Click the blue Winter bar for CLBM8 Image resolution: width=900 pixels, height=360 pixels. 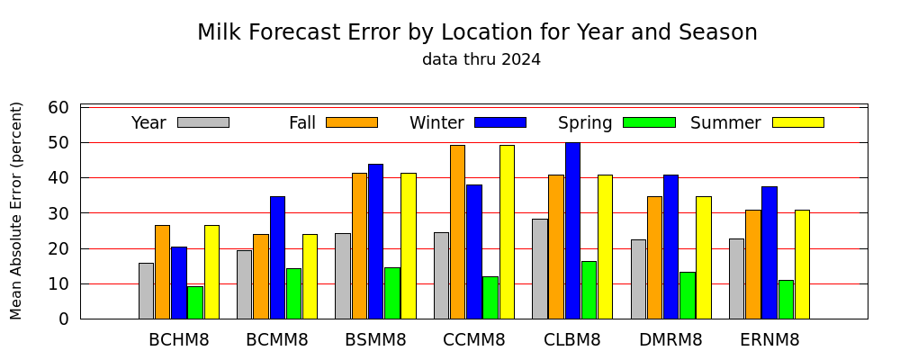[x=572, y=230]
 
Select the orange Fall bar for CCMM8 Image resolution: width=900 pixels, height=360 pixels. [x=457, y=232]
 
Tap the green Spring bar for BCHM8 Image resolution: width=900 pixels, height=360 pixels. [x=195, y=302]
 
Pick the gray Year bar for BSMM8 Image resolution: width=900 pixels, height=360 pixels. [x=343, y=276]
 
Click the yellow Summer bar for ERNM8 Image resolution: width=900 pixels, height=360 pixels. [x=802, y=265]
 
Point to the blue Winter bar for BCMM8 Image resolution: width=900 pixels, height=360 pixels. [x=277, y=257]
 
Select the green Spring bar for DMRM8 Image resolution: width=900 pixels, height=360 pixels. [x=687, y=296]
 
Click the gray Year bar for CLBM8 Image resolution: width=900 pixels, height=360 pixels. [x=539, y=269]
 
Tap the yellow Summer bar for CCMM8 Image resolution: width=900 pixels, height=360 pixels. [x=507, y=232]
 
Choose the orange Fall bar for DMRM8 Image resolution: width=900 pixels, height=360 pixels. [x=654, y=257]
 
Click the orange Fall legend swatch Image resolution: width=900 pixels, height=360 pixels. [x=352, y=122]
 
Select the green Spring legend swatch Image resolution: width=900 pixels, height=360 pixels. [x=649, y=122]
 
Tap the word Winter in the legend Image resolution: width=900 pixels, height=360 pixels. [x=436, y=123]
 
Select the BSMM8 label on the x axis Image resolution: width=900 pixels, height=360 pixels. [x=375, y=340]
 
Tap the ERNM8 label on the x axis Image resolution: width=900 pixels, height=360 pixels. [x=769, y=340]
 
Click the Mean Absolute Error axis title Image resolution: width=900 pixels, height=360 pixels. [x=16, y=211]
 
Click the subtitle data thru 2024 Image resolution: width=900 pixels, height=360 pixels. [x=481, y=59]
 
